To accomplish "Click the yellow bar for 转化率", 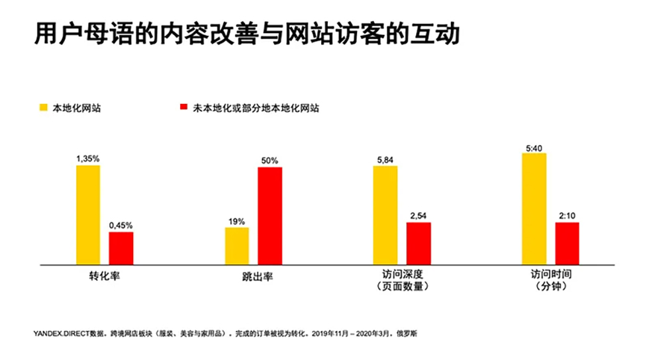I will (x=88, y=214).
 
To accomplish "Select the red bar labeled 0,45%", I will (x=121, y=247).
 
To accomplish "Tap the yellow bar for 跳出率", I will (x=237, y=246).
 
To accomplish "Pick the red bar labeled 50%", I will (x=270, y=215).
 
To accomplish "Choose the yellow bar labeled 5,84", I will (x=385, y=214).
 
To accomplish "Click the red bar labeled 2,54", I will (x=419, y=243).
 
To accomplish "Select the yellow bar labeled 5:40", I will (x=534, y=208).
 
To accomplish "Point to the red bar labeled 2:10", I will (x=567, y=243).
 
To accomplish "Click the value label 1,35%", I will (x=88, y=159).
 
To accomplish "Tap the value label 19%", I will (x=237, y=221).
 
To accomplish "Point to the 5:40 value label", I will (x=534, y=147).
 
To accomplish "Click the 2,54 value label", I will (x=419, y=216).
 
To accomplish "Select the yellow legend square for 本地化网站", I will (x=44, y=107).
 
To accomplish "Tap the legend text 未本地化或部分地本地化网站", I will (x=256, y=107).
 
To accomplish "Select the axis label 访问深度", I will (x=402, y=275).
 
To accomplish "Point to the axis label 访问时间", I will (x=551, y=275).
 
